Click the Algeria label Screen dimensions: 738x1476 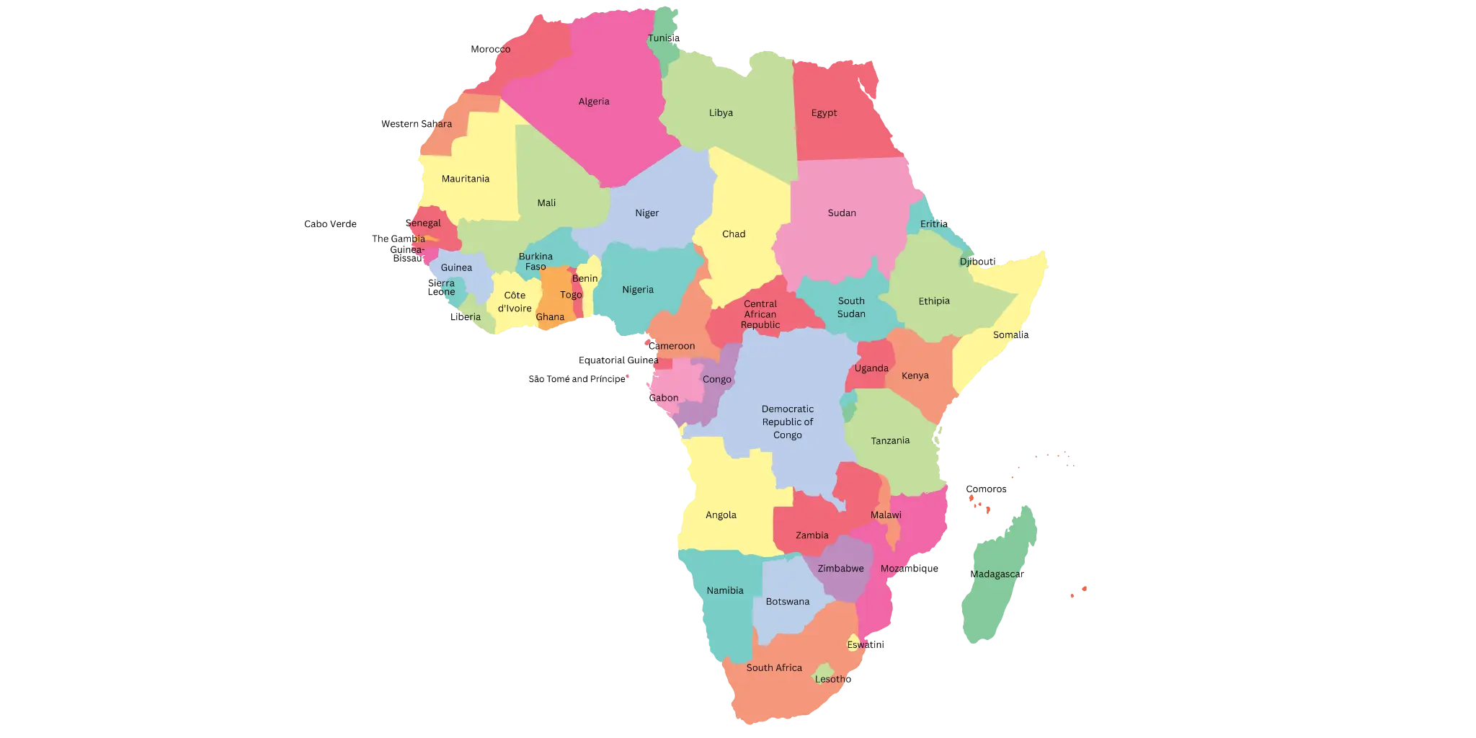coord(594,102)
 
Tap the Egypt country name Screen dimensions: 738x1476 coord(824,113)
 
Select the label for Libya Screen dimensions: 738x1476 coord(721,113)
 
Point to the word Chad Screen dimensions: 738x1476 coord(734,234)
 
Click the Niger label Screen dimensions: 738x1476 coord(646,213)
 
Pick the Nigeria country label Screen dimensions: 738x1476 coord(638,290)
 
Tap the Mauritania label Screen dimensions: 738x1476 coord(466,179)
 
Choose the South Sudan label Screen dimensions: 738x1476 coord(851,308)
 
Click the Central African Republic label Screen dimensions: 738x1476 coord(760,314)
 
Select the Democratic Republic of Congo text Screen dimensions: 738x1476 coord(788,422)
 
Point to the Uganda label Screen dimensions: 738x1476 coord(871,368)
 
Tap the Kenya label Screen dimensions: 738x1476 coord(915,375)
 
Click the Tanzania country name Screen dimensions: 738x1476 coord(890,440)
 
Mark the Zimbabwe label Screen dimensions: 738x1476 coord(840,569)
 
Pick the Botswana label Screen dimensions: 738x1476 coord(787,602)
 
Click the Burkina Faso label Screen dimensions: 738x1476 coord(535,262)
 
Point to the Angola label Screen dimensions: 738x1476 coord(721,515)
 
